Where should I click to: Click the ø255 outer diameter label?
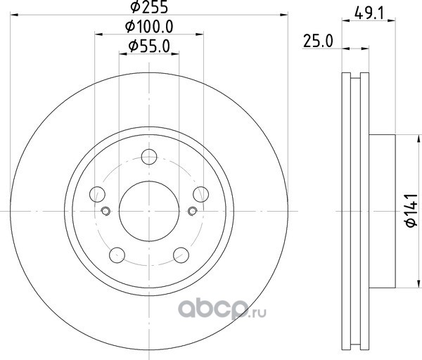pos(149,6)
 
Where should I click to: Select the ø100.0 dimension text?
pos(149,27)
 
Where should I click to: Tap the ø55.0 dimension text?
pos(149,46)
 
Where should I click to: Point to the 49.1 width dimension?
pos(369,13)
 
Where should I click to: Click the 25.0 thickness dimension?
pos(318,41)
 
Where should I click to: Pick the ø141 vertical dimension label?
pos(411,210)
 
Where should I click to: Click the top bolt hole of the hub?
pos(149,157)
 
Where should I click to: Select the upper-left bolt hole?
pos(97,194)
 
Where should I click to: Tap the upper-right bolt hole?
pos(200,194)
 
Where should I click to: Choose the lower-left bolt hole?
pos(117,255)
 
